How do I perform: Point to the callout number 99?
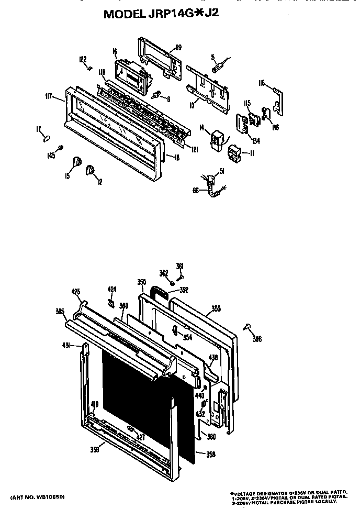coord(178,48)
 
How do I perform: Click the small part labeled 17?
coord(47,138)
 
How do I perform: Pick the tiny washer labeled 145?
coord(61,148)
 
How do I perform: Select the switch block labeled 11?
coord(233,153)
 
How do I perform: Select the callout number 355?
coord(216,309)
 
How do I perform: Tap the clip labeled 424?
coord(111,302)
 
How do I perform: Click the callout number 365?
coord(60,312)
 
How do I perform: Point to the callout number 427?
coord(140,437)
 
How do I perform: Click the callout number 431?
coord(66,346)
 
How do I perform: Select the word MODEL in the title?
coord(123,15)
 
